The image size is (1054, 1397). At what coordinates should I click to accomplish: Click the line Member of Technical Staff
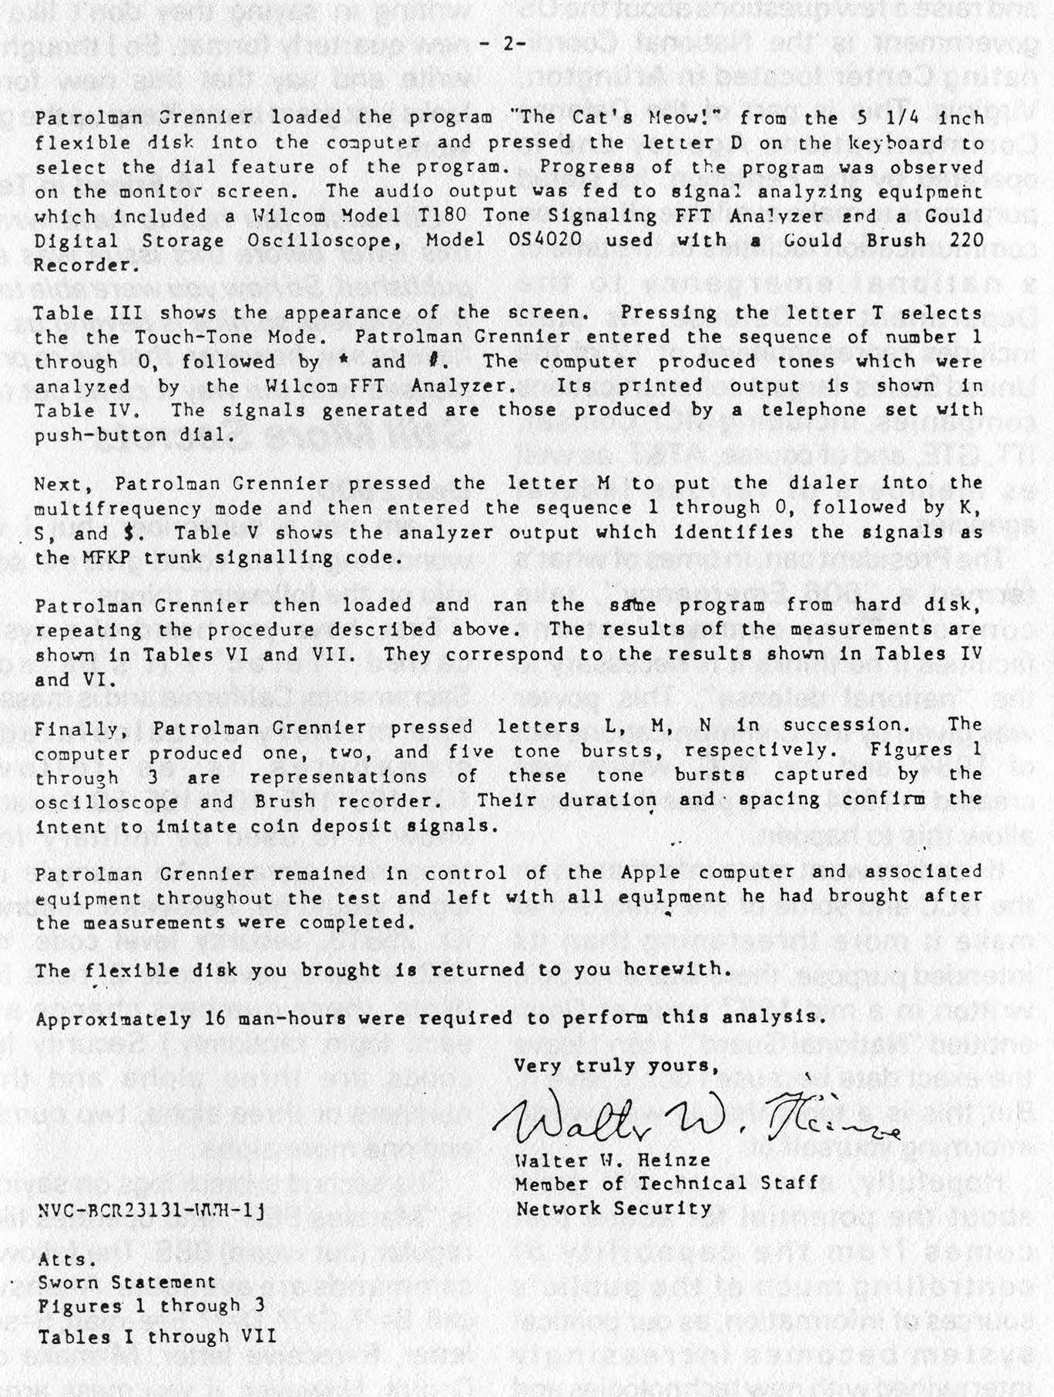[666, 1184]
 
